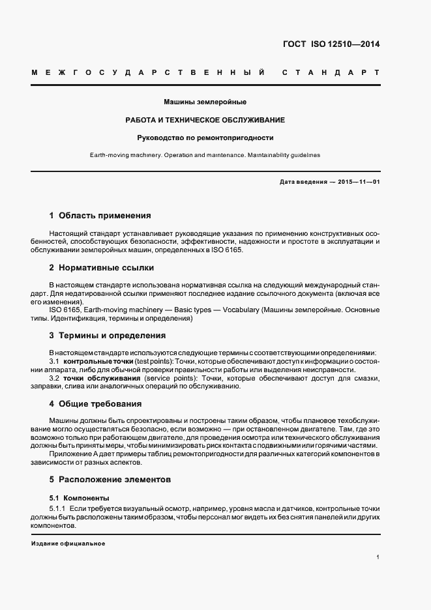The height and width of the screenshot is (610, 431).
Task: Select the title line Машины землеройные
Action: pos(205,102)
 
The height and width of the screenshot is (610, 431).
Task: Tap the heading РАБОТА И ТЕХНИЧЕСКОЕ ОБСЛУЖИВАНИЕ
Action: pos(205,121)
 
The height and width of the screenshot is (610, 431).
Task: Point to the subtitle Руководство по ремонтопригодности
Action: pos(205,138)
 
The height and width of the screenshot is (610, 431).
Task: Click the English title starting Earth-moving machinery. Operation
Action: pos(205,156)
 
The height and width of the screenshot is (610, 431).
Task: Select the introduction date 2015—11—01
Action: pos(357,182)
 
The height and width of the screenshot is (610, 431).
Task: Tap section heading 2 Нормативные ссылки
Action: pos(102,268)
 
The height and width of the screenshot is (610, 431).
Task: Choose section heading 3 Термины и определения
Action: pos(107,336)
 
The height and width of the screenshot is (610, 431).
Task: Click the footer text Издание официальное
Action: pos(68,543)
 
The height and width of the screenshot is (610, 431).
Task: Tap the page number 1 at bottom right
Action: pos(378,557)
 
